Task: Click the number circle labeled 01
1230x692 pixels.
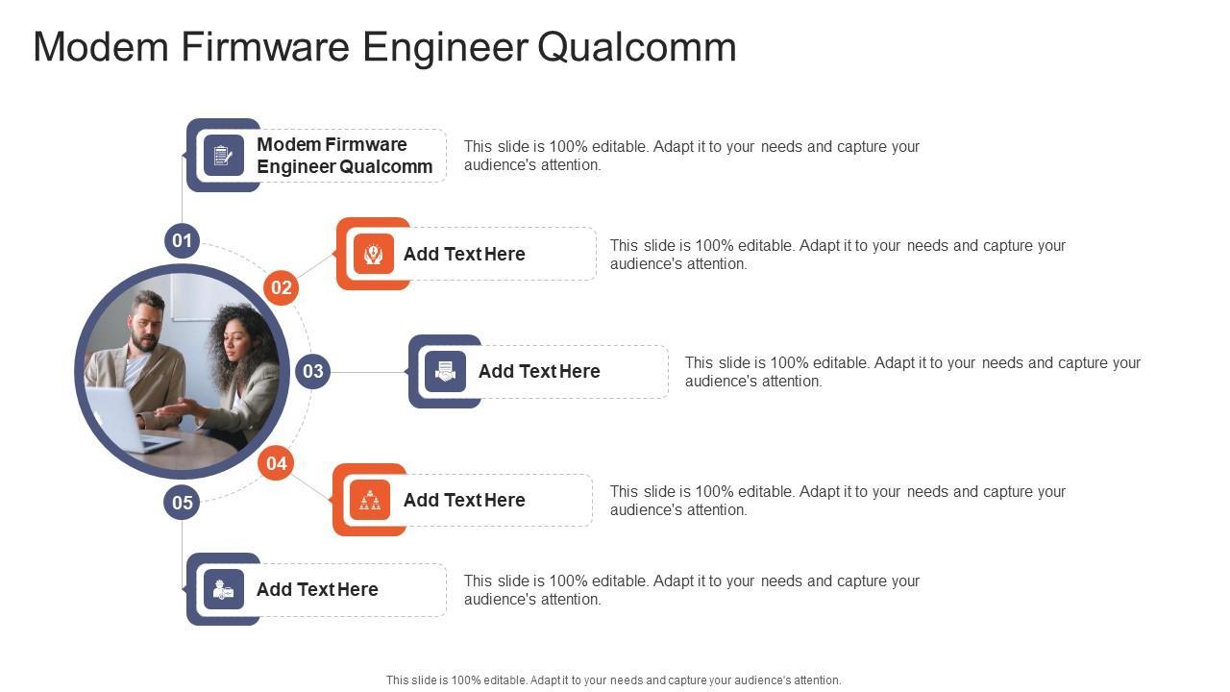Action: coord(182,240)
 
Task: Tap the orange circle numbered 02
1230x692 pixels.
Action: coord(281,287)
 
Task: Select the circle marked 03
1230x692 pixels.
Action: coord(312,371)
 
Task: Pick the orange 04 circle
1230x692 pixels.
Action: coord(277,463)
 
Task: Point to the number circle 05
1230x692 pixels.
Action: coord(182,501)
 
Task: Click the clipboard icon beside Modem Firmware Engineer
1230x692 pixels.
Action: coord(223,155)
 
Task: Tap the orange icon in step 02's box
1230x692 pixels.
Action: coord(373,254)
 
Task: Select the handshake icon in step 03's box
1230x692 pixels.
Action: coord(445,371)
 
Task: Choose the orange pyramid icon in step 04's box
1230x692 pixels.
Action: coord(370,500)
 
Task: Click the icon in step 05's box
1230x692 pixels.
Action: coord(223,589)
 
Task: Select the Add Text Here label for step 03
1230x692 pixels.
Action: coord(539,371)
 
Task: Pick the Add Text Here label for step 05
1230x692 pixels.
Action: coord(317,589)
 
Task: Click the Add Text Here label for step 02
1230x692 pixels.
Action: coord(464,254)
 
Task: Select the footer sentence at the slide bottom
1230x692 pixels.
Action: coord(613,680)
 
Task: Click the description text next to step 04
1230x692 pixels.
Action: coord(837,500)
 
